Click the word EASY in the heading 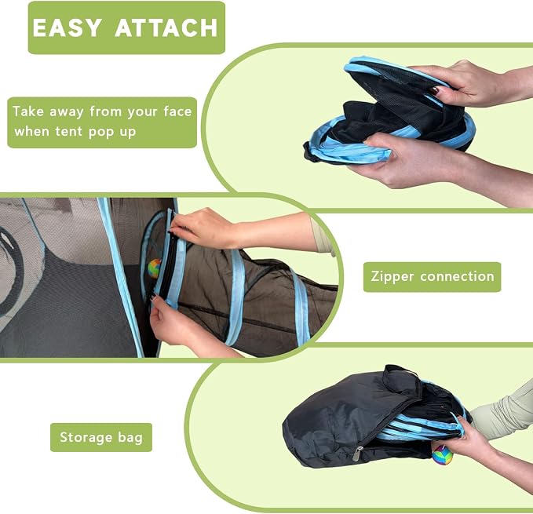coord(67,27)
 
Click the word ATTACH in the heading coord(166,27)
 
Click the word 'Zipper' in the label coord(392,277)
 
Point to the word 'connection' coord(457,276)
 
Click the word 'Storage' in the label coord(85,437)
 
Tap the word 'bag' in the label coord(130,437)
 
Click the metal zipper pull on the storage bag coord(358,454)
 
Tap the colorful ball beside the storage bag coord(442,454)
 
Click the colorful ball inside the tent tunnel coord(155,268)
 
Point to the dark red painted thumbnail coord(435,90)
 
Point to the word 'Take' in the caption coord(28,111)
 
